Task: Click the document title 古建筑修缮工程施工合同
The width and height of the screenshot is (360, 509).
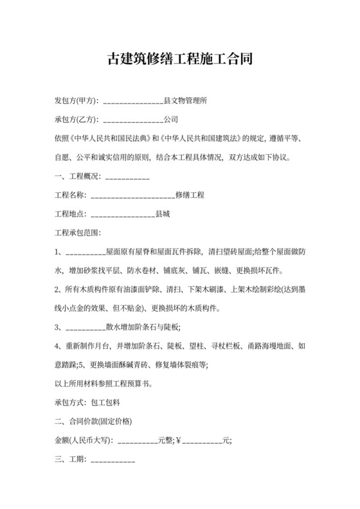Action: [x=179, y=60]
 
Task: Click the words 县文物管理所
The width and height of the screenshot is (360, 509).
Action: [x=185, y=101]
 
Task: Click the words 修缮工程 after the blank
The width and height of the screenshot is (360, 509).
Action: [x=190, y=194]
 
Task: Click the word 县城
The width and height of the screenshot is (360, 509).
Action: [x=163, y=213]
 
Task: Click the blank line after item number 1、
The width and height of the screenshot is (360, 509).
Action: [x=85, y=251]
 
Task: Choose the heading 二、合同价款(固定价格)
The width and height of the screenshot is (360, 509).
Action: [x=94, y=422]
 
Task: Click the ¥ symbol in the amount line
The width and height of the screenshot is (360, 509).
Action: [x=179, y=441]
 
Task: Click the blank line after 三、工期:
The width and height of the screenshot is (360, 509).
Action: [x=113, y=460]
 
